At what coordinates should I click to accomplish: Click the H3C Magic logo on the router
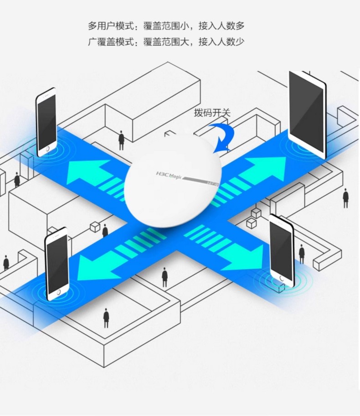click(x=169, y=175)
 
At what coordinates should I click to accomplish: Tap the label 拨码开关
click(x=212, y=113)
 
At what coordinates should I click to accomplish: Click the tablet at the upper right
click(x=308, y=115)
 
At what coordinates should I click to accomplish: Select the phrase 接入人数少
click(x=221, y=42)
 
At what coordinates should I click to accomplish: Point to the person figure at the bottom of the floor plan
click(x=106, y=318)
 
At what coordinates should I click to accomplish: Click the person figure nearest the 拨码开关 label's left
click(x=121, y=140)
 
